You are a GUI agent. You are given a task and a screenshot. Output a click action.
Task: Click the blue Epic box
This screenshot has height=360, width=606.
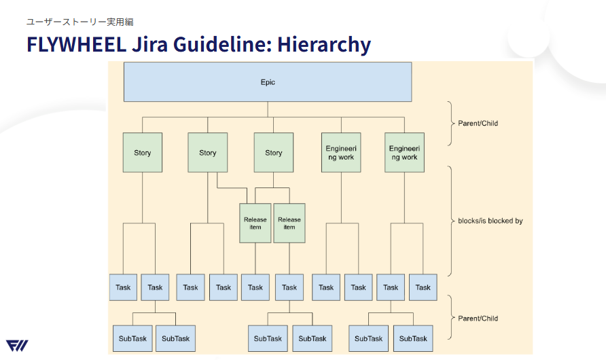[267, 82]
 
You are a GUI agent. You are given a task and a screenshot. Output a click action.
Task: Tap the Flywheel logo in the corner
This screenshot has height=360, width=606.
[17, 345]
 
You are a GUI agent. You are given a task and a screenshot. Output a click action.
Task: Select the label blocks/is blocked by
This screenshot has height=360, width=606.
[490, 221]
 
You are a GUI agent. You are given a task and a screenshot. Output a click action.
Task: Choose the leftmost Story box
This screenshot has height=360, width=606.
[143, 152]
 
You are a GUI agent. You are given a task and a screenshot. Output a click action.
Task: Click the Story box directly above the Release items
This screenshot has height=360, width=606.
[273, 152]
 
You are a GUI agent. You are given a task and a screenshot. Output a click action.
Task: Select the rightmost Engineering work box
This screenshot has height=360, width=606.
[404, 152]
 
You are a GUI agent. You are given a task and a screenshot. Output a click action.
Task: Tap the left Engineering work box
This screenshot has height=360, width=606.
[340, 152]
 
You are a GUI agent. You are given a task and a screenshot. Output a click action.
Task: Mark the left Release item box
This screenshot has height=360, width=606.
[255, 223]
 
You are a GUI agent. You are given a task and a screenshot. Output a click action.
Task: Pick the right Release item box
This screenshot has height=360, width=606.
[289, 223]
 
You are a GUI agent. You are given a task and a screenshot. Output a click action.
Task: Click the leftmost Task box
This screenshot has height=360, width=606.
[123, 287]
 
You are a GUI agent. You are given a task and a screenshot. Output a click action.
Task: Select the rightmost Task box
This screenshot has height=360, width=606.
[423, 287]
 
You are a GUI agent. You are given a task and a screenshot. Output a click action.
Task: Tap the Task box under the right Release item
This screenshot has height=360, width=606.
[289, 287]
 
